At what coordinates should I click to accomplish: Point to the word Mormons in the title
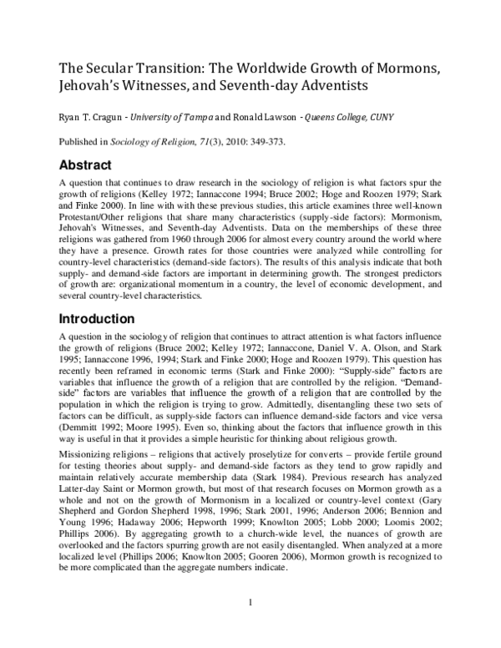click(x=407, y=68)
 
